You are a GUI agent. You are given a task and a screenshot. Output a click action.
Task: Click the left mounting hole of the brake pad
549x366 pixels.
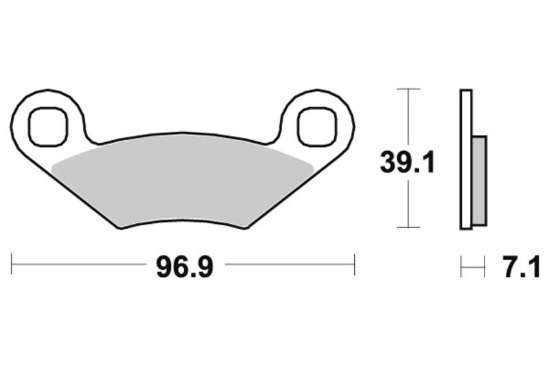tap(49, 126)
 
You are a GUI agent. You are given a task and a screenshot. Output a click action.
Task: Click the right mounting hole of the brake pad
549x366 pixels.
tap(317, 126)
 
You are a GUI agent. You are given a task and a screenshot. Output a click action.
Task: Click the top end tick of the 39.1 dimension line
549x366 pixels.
tap(409, 89)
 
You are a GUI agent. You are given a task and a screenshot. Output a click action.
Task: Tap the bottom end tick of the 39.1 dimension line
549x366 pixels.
tap(409, 227)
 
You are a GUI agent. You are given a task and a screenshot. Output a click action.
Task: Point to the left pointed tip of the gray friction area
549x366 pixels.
tap(54, 166)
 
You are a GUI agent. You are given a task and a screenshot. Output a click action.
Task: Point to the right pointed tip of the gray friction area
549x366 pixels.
tap(313, 166)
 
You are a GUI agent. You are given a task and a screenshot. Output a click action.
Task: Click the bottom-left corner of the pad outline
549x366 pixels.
tap(121, 228)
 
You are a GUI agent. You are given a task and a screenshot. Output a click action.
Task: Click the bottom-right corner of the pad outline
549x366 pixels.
tap(246, 227)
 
